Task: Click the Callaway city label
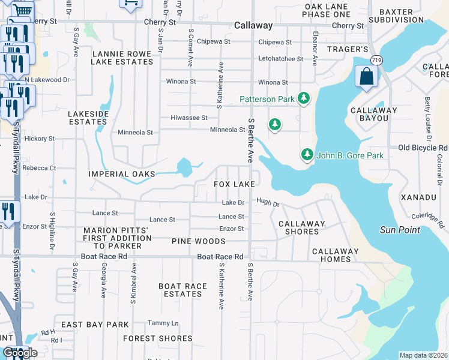coord(253,26)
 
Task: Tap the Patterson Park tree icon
coord(304,98)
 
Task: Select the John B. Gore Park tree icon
coord(307,155)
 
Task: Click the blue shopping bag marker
coord(365,77)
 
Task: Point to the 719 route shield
coord(376,60)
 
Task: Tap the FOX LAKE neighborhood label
coord(235,184)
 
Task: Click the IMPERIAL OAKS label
coord(121,174)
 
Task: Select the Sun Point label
coord(400,230)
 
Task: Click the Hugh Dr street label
coord(268,203)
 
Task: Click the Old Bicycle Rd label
coord(423,148)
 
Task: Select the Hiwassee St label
coord(188,118)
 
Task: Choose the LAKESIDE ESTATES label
coord(88,117)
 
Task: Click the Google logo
coord(20,353)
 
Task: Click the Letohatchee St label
coord(280,59)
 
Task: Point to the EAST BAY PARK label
coord(95,325)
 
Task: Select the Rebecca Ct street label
coord(39,169)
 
